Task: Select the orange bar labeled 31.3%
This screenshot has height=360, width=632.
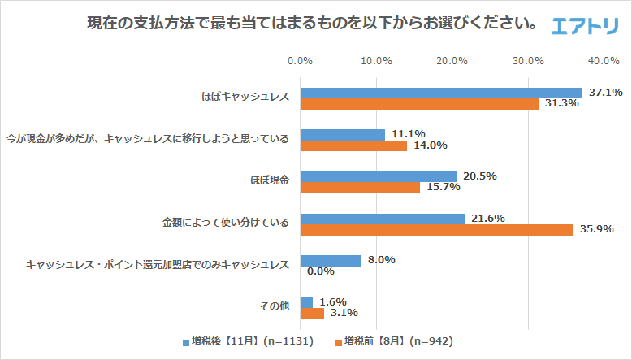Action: (419, 104)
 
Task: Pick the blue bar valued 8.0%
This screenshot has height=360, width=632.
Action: (331, 261)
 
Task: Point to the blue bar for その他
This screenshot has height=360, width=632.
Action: (306, 302)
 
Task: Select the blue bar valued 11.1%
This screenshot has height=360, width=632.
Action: (342, 134)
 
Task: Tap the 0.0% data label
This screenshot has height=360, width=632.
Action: (322, 272)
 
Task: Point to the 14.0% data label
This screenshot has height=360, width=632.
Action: (431, 145)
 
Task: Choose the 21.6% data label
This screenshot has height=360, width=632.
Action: (489, 219)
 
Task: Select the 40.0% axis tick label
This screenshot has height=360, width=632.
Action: (604, 61)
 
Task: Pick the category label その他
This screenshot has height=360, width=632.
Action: (275, 307)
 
